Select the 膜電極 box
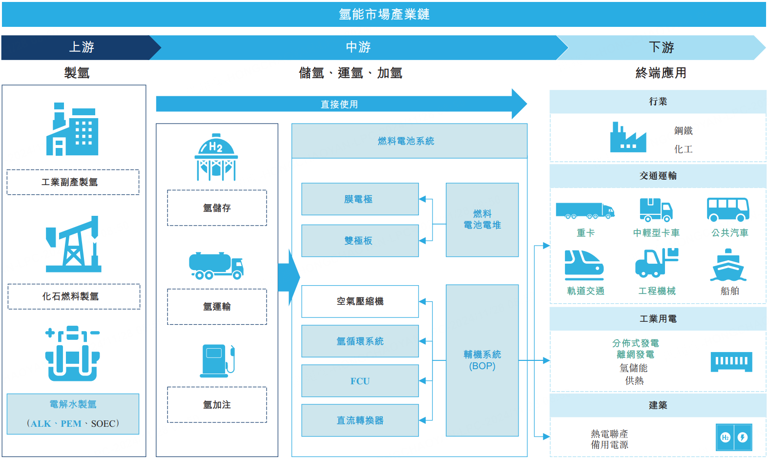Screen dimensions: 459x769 pos(360,199)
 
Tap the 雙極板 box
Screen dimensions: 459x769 pos(360,241)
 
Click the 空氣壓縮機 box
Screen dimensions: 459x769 pos(360,301)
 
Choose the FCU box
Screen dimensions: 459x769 pos(360,381)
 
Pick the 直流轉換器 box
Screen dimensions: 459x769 pos(360,420)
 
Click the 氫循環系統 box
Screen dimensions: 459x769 pos(360,341)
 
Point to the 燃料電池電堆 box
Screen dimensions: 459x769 pos(482,220)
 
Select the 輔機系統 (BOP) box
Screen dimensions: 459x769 pos(482,360)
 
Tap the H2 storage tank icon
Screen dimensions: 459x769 pos(216,157)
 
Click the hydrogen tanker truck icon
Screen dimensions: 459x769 pos(216,266)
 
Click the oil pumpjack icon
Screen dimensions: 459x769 pos(74,244)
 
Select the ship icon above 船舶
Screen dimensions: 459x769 pos(728,266)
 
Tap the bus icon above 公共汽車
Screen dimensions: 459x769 pos(728,209)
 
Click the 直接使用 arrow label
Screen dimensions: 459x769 pos(339,104)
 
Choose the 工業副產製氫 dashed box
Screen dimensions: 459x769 pos(73,182)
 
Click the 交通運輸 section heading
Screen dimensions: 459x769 pos(658,176)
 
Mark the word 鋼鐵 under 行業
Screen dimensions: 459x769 pos(683,131)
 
